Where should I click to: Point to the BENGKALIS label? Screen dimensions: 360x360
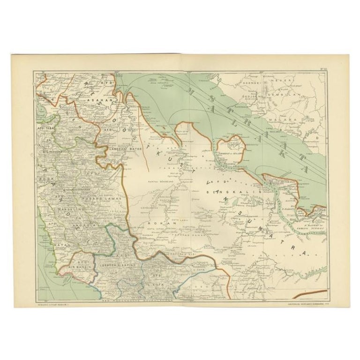[x=225, y=192]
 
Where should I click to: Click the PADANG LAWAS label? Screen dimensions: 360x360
[x=104, y=199]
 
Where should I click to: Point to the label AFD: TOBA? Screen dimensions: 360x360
[x=46, y=127]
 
